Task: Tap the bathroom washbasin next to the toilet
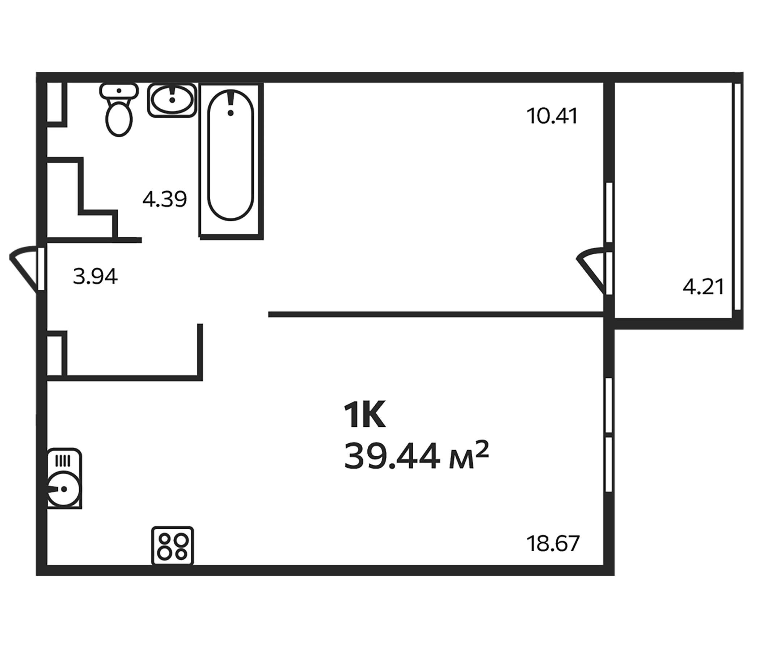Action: [172, 100]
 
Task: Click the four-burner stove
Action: [172, 546]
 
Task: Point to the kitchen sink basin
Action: [64, 489]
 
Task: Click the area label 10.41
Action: [552, 116]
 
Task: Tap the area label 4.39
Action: [165, 199]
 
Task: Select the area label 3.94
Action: [96, 276]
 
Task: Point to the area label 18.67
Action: [553, 544]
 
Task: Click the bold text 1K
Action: [364, 416]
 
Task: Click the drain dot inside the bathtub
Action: [230, 113]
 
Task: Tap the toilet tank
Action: [119, 91]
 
